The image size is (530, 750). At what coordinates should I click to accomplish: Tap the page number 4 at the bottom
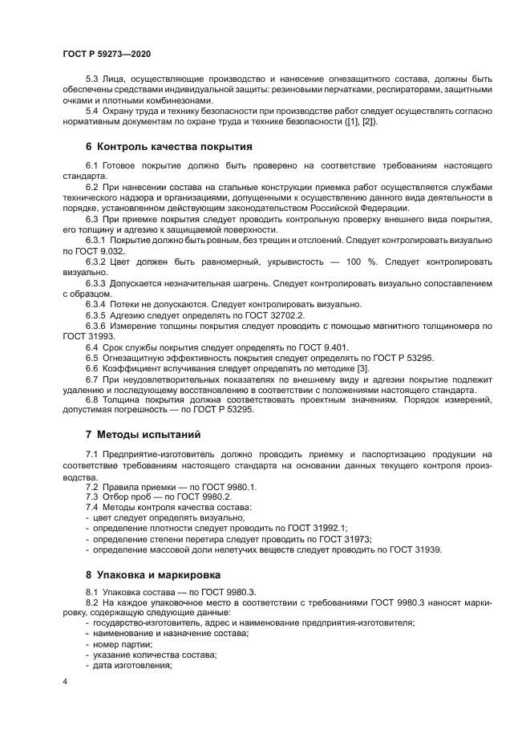click(65, 682)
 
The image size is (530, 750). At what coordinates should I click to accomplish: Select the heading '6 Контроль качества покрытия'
click(168, 147)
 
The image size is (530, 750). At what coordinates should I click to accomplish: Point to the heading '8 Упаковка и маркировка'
click(154, 574)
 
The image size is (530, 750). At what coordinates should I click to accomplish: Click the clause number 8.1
click(92, 591)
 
